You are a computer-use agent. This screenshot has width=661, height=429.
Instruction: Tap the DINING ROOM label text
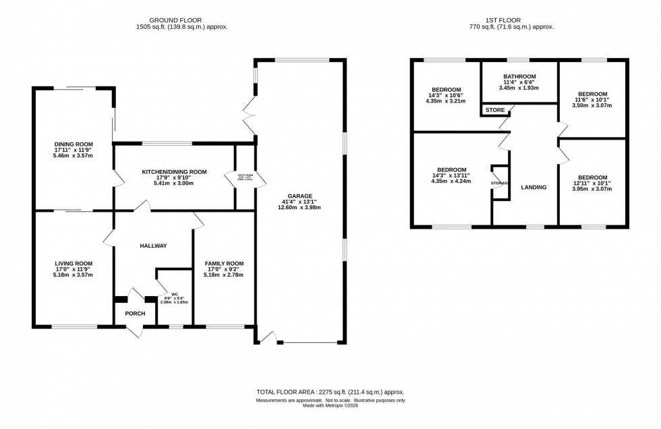tap(74, 144)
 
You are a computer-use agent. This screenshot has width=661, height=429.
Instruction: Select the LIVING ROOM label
tap(74, 263)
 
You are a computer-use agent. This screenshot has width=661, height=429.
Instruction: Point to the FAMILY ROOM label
tap(225, 263)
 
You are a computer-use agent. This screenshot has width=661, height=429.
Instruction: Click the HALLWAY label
tap(153, 246)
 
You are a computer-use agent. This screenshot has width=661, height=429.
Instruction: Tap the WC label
tap(173, 293)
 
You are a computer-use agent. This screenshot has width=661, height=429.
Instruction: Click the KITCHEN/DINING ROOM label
tap(174, 172)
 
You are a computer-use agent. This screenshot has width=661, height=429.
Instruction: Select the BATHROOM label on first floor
tap(519, 76)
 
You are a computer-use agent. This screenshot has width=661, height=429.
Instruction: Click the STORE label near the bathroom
tap(494, 110)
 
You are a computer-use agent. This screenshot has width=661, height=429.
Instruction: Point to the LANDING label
tap(534, 187)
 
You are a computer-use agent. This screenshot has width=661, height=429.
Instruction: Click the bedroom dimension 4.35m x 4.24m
tap(451, 181)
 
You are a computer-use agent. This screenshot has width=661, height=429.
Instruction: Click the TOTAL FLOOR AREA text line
tap(330, 392)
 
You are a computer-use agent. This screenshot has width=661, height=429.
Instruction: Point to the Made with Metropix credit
tap(330, 406)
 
